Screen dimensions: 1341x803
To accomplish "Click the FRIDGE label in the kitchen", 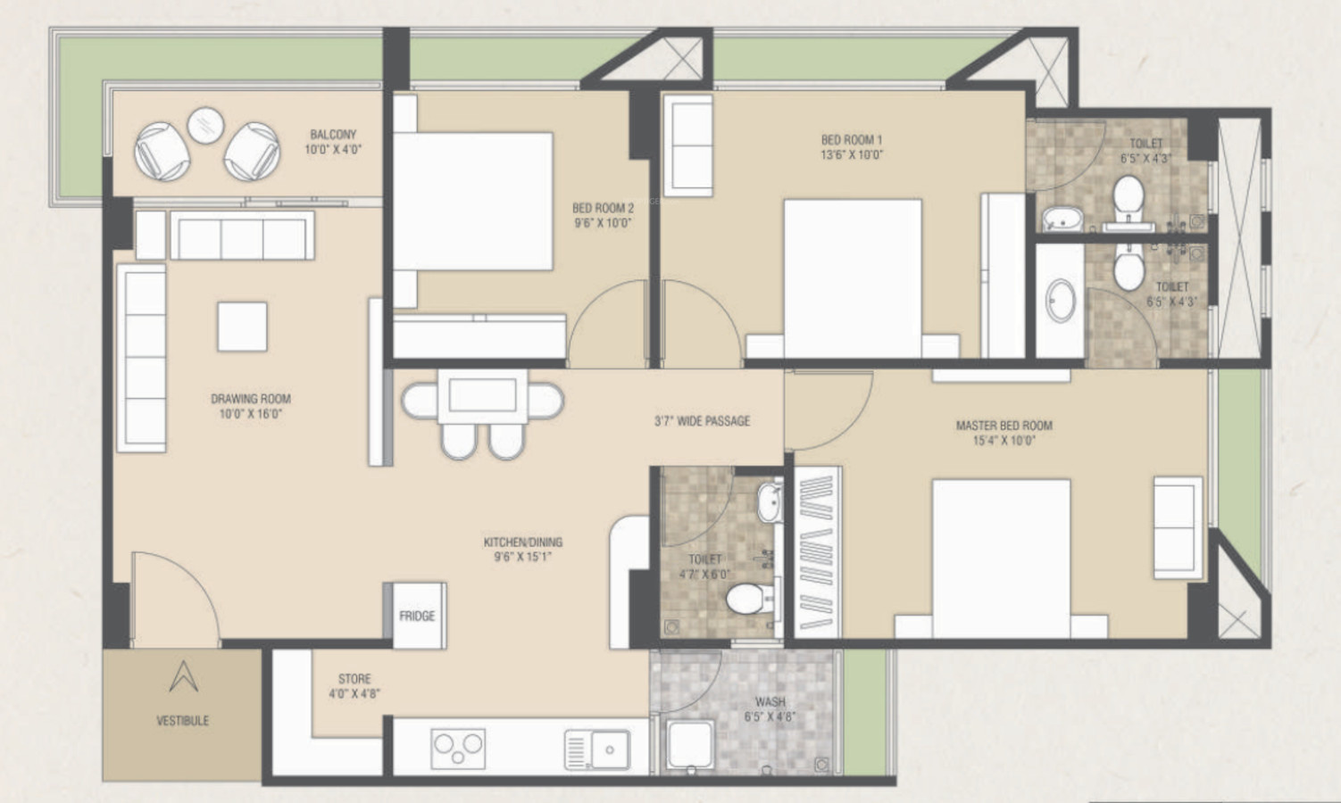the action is (x=417, y=616).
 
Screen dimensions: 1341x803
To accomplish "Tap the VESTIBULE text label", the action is (x=183, y=721).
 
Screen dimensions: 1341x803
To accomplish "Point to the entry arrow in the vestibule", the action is (x=183, y=676).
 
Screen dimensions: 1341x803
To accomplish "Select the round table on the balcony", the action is (x=205, y=126).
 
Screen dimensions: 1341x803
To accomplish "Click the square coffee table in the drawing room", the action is (x=243, y=327).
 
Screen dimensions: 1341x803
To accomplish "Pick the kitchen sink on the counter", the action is (x=597, y=749).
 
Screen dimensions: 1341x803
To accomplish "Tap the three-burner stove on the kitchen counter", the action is (x=458, y=749).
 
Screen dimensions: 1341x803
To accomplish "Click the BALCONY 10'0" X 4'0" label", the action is (x=333, y=142).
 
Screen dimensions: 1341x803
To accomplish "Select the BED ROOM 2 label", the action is (x=603, y=215).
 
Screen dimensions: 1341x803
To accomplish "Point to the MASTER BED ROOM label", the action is (x=1004, y=434).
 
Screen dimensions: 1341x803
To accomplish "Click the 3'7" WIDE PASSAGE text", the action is (x=703, y=421).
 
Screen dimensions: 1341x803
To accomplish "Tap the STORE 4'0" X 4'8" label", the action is (x=354, y=686).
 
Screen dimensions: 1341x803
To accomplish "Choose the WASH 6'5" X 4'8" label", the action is (x=770, y=709).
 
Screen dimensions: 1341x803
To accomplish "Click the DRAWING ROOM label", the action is (x=250, y=406).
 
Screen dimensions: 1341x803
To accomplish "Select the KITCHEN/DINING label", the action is (x=522, y=550).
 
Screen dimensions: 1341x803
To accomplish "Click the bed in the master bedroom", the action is (x=1001, y=559).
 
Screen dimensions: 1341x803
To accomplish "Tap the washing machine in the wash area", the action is (x=691, y=745).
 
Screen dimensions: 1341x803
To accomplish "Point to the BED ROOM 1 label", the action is (x=852, y=147).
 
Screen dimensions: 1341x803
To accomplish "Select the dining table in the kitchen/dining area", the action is (x=482, y=396).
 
